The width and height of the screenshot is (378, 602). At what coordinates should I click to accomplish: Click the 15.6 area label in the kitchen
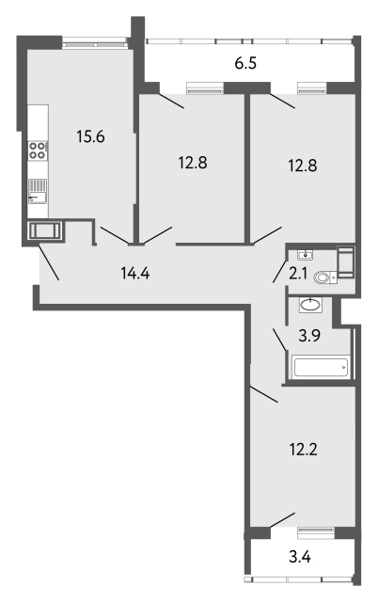(90, 136)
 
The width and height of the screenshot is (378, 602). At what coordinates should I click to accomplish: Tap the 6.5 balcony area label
(245, 63)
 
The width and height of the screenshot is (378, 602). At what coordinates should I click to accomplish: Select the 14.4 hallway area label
(135, 274)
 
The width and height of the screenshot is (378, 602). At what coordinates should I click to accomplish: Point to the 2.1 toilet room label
(298, 274)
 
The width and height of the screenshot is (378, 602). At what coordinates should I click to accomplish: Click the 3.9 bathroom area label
(309, 336)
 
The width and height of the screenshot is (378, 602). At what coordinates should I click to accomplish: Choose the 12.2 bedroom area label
(303, 449)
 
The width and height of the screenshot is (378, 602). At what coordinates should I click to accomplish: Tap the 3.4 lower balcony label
(300, 556)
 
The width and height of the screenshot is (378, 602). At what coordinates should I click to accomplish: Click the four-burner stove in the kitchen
(38, 150)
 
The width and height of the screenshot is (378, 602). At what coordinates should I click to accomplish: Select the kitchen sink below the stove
(38, 192)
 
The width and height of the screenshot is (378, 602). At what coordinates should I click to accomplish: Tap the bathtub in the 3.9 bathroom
(321, 367)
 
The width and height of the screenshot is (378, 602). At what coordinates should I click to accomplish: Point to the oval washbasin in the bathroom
(310, 305)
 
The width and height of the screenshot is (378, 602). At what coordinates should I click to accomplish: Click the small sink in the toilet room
(306, 255)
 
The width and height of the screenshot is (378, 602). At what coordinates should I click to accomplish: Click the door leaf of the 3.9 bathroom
(279, 340)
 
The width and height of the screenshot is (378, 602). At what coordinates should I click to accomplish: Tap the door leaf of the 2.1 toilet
(280, 272)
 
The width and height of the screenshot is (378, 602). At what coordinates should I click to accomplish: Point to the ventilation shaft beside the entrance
(45, 230)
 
